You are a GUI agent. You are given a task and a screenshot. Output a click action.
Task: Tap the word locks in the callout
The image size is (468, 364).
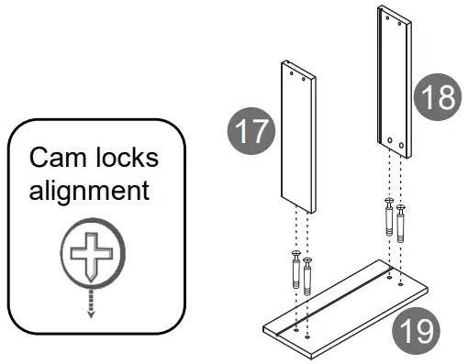click(x=125, y=158)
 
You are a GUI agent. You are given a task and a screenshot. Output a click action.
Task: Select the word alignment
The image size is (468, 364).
click(x=88, y=192)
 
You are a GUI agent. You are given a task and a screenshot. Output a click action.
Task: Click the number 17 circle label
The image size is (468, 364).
click(x=251, y=132)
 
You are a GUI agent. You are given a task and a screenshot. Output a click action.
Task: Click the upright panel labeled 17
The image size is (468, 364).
click(x=296, y=138)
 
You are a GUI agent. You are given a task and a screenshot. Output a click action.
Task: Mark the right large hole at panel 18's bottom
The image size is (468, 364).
click(x=401, y=145)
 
